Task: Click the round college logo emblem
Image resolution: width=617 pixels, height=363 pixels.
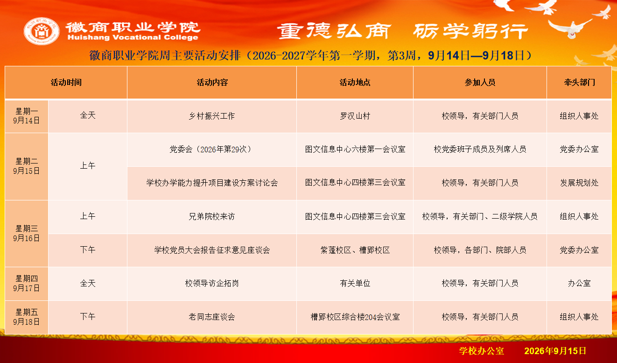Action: (x=42, y=31)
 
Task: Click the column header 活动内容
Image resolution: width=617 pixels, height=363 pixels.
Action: (x=212, y=82)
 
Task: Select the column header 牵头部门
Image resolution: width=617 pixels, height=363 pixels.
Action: (x=579, y=82)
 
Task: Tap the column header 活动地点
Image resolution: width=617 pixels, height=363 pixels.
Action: (x=355, y=82)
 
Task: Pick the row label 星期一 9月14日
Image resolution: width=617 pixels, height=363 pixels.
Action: (x=27, y=116)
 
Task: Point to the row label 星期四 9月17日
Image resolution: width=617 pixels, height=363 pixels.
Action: (x=27, y=283)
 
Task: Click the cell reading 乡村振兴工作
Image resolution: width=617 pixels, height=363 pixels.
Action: (x=212, y=116)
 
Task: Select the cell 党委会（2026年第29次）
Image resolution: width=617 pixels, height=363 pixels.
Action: (x=212, y=149)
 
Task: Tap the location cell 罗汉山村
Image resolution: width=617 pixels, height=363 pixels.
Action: (x=355, y=116)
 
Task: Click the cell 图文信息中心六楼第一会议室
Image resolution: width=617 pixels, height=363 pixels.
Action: (x=355, y=149)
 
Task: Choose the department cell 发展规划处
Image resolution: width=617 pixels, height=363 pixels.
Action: (x=579, y=183)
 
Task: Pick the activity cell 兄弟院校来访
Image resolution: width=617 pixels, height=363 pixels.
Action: (x=212, y=217)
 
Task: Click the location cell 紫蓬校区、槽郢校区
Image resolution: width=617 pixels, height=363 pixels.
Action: (x=355, y=250)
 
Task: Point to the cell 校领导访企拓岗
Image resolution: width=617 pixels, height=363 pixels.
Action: (x=212, y=283)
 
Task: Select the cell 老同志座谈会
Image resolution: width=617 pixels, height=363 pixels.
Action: (x=212, y=317)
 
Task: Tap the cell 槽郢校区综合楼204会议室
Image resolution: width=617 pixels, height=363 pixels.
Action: (x=355, y=317)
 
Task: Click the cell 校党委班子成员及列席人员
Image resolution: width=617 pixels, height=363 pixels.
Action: (x=480, y=149)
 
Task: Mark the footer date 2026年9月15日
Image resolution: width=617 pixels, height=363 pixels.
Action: (x=555, y=351)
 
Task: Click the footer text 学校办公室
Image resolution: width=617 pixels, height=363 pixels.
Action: (x=482, y=351)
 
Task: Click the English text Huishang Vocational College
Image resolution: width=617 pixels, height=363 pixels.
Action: (x=133, y=37)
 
